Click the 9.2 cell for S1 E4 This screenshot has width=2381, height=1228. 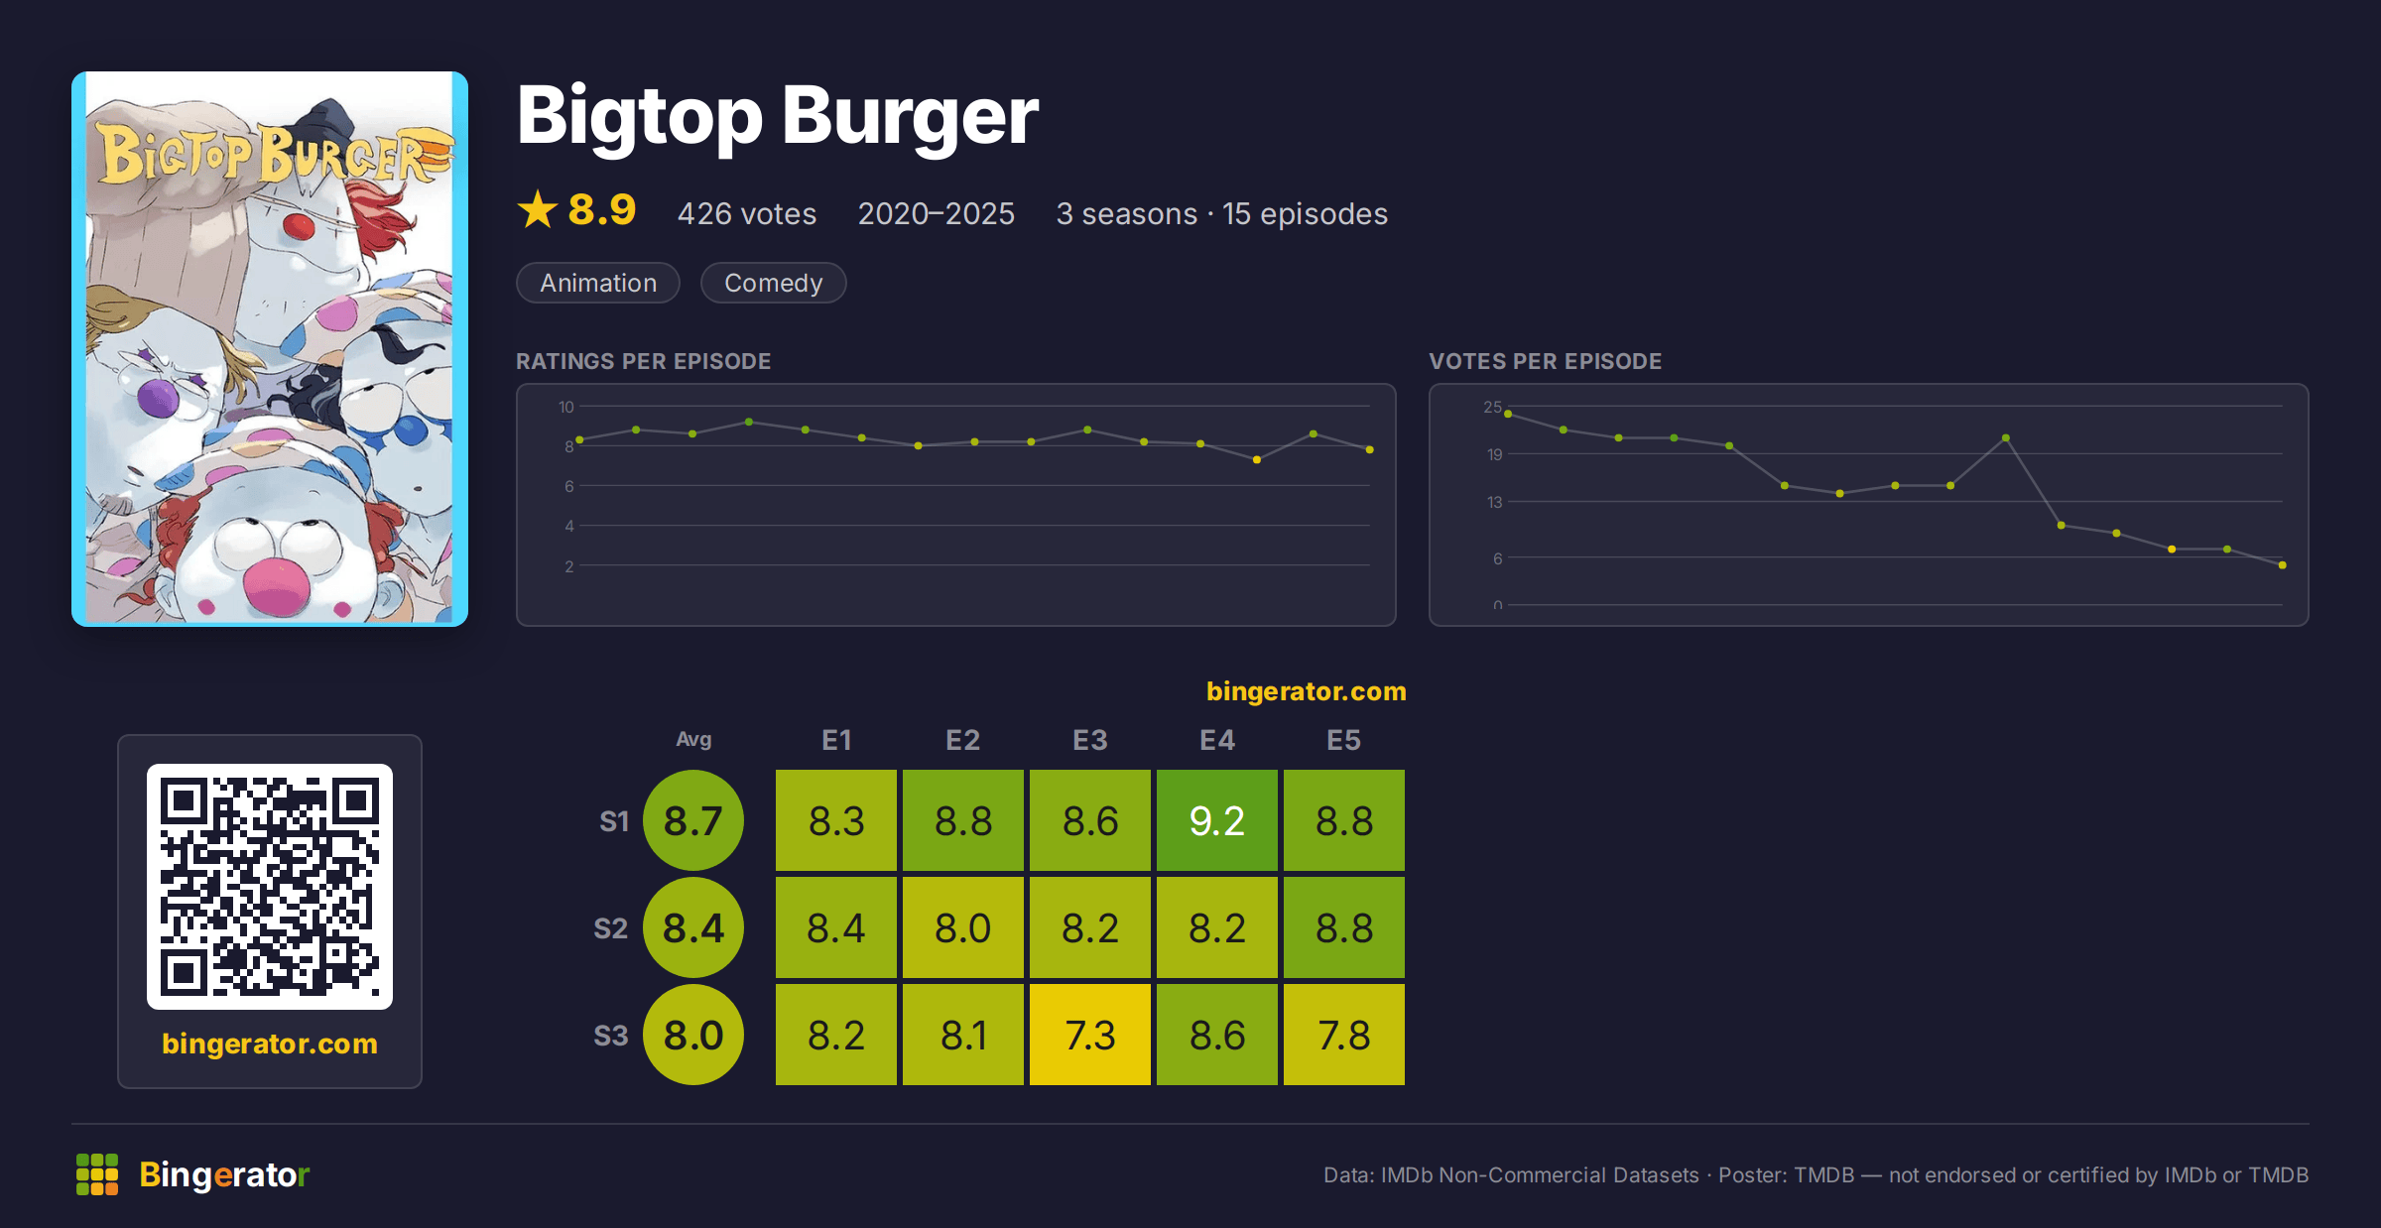(1217, 820)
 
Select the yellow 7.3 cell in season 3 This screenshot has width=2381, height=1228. (1090, 1035)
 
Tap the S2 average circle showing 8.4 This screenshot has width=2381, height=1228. (693, 927)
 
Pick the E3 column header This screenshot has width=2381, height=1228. (1090, 740)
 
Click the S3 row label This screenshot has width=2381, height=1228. (611, 1036)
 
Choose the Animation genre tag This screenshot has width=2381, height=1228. (598, 283)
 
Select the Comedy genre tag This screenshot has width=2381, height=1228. (774, 283)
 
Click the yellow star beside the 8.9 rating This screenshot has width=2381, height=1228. (538, 209)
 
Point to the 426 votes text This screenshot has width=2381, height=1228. (747, 213)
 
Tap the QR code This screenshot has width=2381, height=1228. (270, 887)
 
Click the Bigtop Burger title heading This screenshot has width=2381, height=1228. (778, 116)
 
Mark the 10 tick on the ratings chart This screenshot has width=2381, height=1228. (566, 407)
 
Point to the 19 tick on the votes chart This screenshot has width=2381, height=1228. (1494, 454)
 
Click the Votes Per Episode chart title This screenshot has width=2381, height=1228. (1545, 361)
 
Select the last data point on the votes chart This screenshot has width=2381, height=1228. (2283, 565)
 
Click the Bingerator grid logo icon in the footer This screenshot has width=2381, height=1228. (97, 1174)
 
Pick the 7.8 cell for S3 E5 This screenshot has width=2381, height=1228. (1344, 1035)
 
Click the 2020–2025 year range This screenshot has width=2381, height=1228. (937, 213)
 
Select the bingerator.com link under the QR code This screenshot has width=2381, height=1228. (270, 1044)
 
